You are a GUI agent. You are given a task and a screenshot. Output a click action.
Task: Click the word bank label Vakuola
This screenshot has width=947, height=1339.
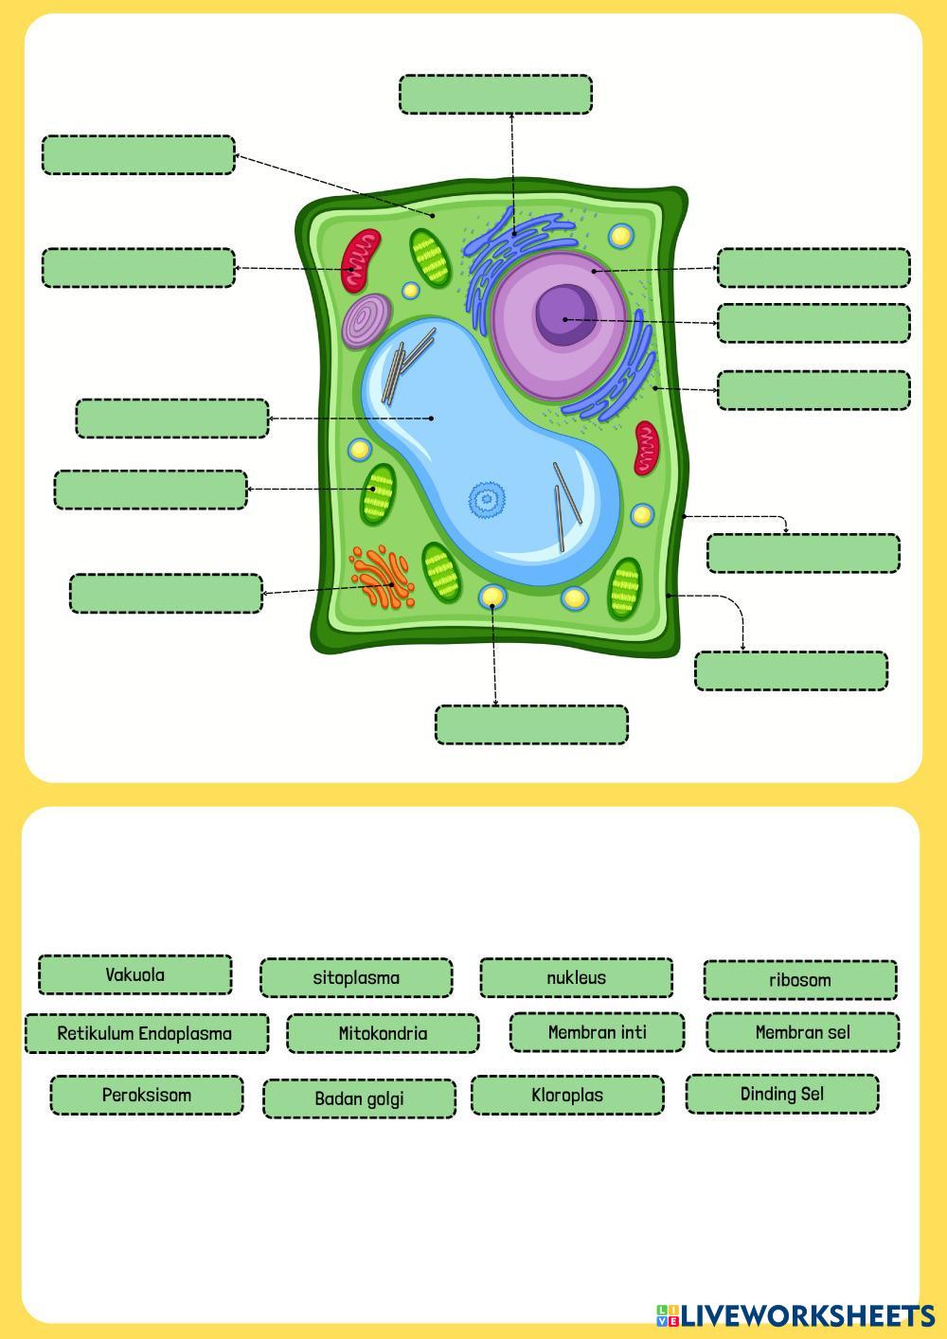click(134, 974)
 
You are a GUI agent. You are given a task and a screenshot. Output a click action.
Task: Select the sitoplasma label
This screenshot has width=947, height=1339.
click(356, 977)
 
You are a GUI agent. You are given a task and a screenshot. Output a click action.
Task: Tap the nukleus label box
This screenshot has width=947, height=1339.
click(576, 977)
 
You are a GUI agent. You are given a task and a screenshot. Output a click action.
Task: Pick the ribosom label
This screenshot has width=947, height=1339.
click(799, 980)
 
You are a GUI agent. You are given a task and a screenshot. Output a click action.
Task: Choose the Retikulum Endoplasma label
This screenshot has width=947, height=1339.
click(145, 1033)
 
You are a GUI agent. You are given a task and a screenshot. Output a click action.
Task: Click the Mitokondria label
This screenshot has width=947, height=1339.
click(383, 1033)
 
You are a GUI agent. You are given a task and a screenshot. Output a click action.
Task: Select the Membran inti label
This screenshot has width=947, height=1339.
click(597, 1032)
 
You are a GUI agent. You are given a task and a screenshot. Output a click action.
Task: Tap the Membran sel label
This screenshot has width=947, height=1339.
click(802, 1032)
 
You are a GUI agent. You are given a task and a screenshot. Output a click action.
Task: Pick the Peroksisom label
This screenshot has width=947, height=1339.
click(147, 1095)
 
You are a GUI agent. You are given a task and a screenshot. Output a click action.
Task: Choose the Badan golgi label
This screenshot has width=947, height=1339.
click(359, 1098)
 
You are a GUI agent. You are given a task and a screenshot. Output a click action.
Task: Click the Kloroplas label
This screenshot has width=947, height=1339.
click(567, 1095)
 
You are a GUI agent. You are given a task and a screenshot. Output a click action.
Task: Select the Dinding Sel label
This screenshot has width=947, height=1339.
click(781, 1094)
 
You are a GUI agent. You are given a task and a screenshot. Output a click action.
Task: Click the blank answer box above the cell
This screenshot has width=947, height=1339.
click(495, 95)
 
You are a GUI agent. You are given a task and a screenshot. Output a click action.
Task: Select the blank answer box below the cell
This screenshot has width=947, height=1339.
click(531, 724)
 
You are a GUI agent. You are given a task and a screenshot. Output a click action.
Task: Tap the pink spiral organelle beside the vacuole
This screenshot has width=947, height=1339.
click(366, 320)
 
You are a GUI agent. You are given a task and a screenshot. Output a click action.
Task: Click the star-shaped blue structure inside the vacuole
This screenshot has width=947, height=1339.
click(486, 499)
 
